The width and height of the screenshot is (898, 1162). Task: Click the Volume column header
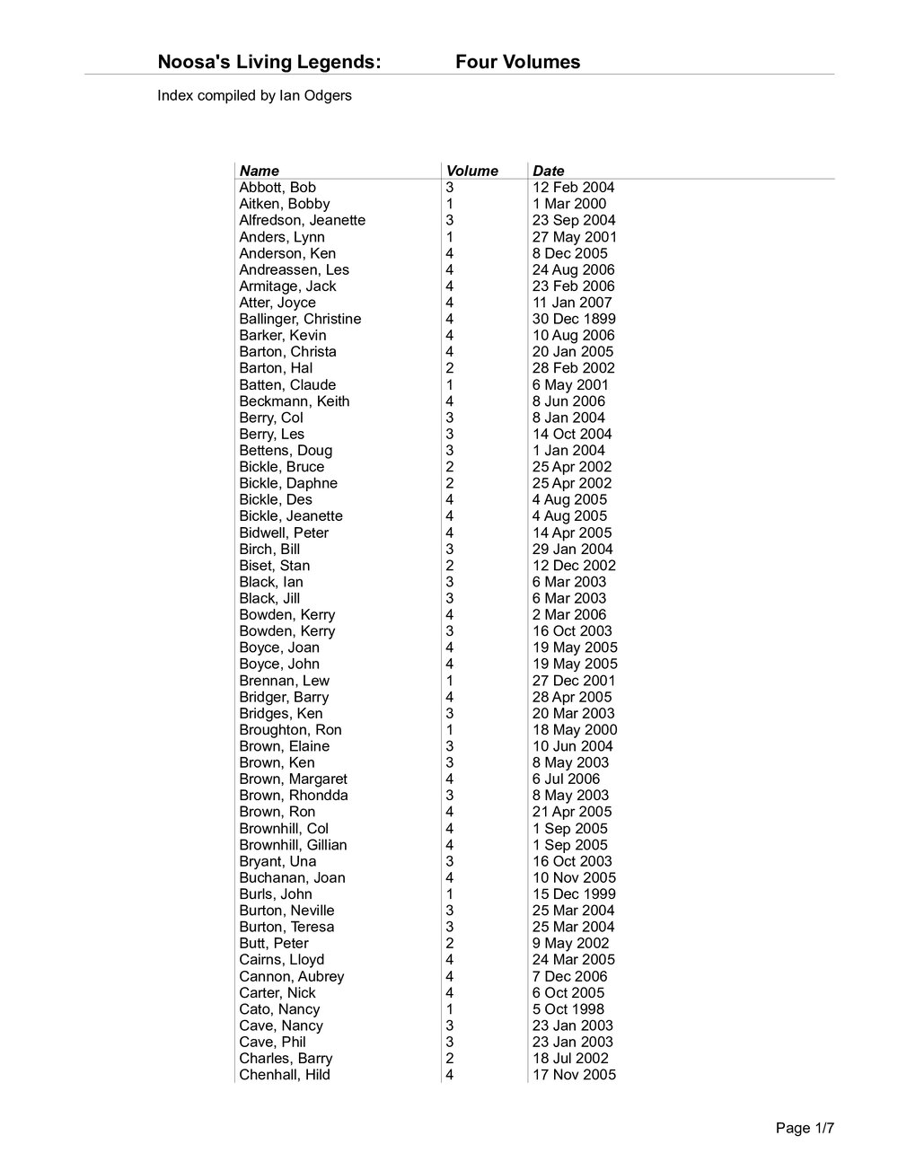pyautogui.click(x=471, y=171)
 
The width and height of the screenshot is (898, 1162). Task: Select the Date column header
pyautogui.click(x=548, y=171)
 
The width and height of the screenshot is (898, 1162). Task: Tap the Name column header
pyautogui.click(x=259, y=171)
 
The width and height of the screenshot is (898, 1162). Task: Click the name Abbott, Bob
pyautogui.click(x=277, y=188)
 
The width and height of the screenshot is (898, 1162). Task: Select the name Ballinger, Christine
pyautogui.click(x=300, y=319)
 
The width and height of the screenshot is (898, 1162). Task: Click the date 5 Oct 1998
pyautogui.click(x=568, y=1009)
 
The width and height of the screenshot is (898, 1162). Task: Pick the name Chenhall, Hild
pyautogui.click(x=285, y=1075)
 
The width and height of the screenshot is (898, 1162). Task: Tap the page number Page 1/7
pyautogui.click(x=806, y=1129)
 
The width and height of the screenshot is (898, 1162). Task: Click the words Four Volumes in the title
pyautogui.click(x=517, y=62)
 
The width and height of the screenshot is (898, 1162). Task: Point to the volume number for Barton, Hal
pyautogui.click(x=449, y=368)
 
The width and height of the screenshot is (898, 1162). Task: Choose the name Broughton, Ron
pyautogui.click(x=290, y=730)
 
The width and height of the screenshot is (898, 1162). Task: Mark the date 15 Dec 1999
pyautogui.click(x=574, y=894)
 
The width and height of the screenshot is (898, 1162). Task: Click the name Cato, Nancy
pyautogui.click(x=279, y=1009)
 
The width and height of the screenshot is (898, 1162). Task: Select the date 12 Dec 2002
pyautogui.click(x=574, y=566)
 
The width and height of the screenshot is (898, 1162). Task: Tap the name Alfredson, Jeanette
pyautogui.click(x=302, y=220)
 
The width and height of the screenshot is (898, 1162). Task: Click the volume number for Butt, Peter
pyautogui.click(x=449, y=943)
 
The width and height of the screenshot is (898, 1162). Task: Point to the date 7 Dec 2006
pyautogui.click(x=569, y=976)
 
